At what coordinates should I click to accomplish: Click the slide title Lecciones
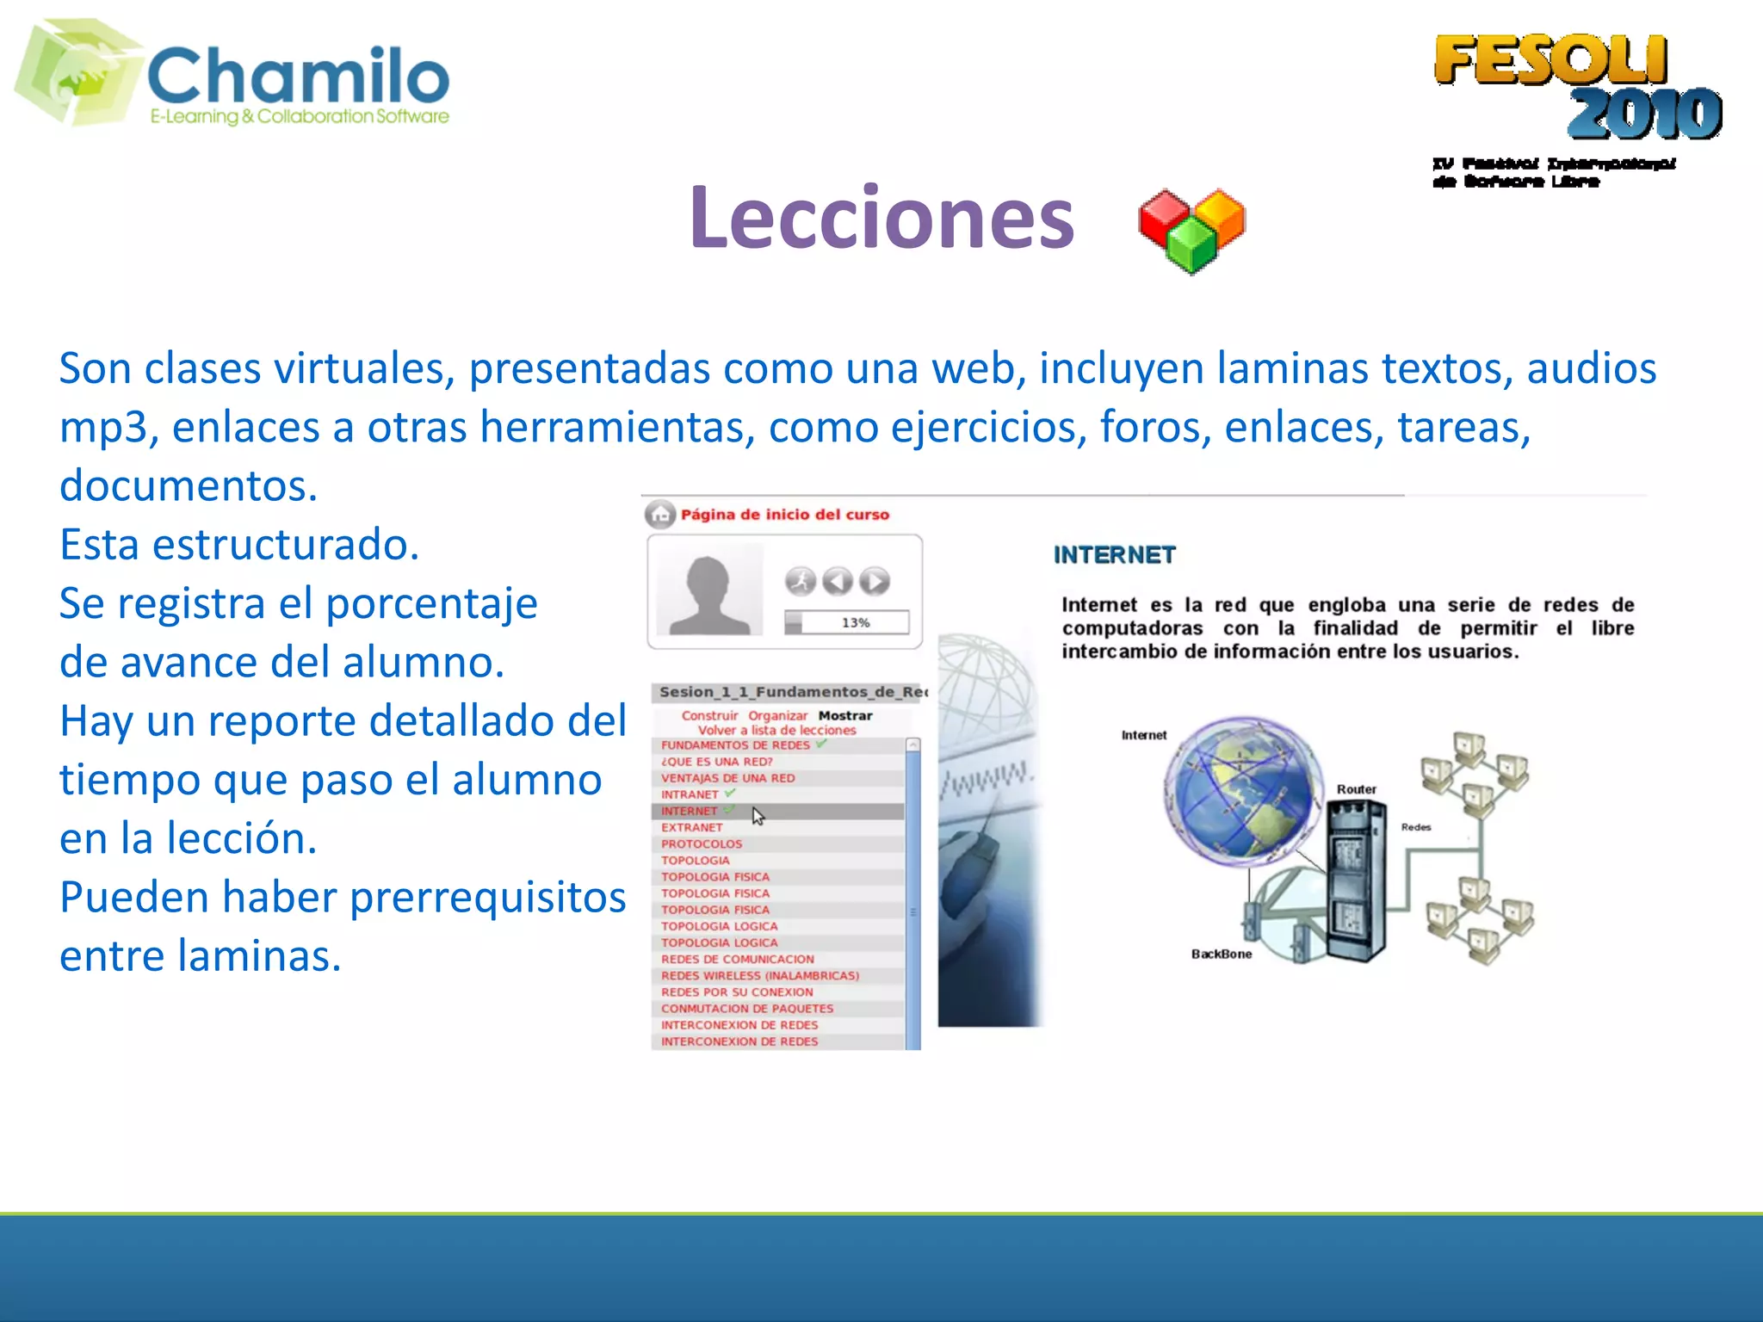coord(881,219)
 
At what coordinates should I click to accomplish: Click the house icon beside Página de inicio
coord(660,515)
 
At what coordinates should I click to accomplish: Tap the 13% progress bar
coord(846,622)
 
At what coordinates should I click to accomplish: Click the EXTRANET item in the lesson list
coord(691,827)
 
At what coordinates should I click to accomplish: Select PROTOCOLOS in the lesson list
coord(701,843)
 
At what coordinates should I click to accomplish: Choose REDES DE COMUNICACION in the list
coord(737,959)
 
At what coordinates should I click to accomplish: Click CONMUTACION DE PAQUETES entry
coord(746,1008)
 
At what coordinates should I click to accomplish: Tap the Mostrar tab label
coord(844,715)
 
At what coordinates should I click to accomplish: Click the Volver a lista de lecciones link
coord(776,730)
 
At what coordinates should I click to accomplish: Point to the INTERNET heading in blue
coord(1114,555)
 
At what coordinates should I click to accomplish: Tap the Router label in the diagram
coord(1356,789)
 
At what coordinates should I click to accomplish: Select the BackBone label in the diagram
coord(1221,954)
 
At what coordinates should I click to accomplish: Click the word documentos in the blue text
coord(188,485)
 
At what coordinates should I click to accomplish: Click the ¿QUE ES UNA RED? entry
coord(716,762)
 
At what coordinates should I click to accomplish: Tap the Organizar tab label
coord(777,715)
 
